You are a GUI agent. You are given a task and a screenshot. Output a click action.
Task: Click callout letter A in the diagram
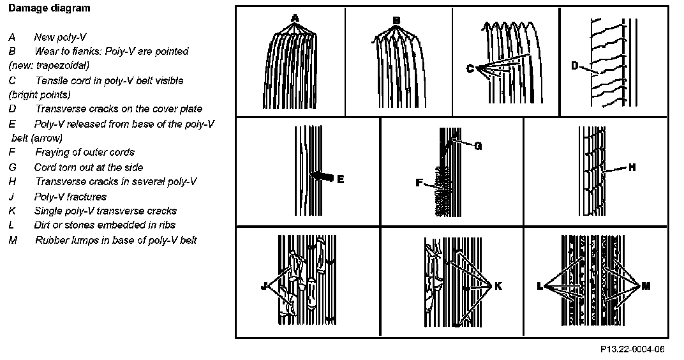click(295, 18)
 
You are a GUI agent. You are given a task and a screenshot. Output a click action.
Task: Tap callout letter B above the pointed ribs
click(396, 20)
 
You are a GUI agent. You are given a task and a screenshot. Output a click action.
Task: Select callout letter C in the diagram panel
click(470, 69)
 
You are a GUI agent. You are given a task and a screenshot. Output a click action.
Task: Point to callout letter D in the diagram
click(574, 66)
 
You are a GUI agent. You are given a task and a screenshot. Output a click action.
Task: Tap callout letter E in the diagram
click(340, 179)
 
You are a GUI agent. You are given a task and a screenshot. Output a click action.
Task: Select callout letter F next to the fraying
click(419, 183)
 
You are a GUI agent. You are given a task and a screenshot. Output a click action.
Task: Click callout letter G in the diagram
click(477, 146)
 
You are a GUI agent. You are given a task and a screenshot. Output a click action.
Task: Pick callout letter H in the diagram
click(632, 168)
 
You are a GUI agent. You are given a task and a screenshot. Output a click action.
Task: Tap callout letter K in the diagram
click(498, 286)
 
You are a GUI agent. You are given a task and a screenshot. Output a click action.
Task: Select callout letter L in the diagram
click(540, 287)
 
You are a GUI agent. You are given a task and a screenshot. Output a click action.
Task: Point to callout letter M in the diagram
click(646, 287)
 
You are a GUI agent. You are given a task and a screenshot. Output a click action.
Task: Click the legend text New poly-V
click(60, 37)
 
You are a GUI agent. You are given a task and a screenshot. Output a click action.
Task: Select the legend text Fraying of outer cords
click(85, 152)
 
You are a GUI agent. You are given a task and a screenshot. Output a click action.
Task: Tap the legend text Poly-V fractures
click(70, 197)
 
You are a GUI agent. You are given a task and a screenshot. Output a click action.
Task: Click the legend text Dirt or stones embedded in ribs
click(105, 225)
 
